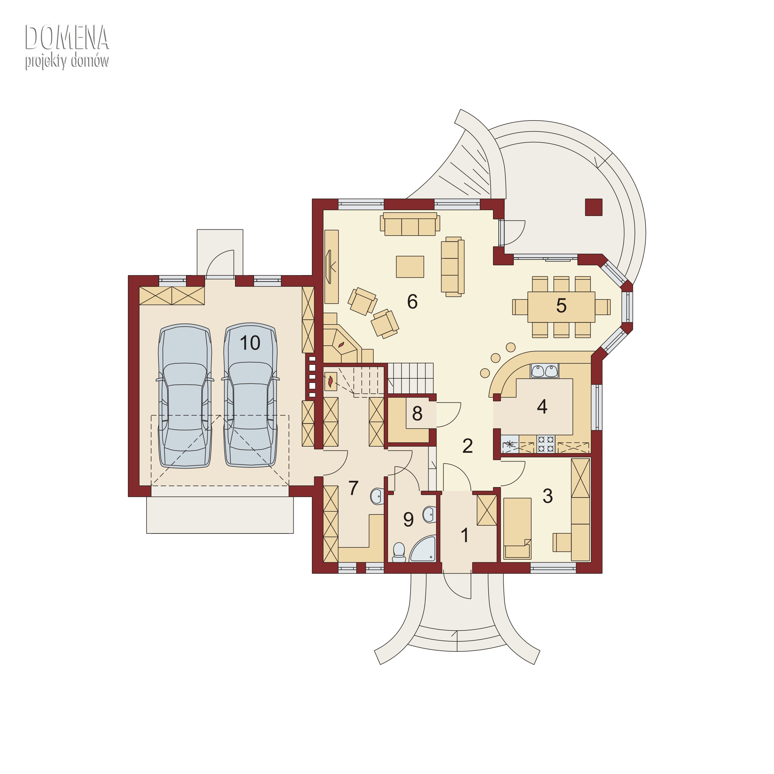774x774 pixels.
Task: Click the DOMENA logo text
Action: [67, 37]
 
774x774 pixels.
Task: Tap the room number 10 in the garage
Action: [250, 343]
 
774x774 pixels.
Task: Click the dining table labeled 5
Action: [561, 307]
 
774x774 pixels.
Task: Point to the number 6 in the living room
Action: [412, 301]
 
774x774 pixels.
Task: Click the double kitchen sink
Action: [544, 371]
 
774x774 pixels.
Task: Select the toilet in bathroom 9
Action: [399, 552]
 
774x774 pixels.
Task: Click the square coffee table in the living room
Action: [410, 267]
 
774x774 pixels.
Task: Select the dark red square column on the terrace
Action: [594, 207]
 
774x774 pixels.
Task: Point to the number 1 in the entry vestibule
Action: [465, 535]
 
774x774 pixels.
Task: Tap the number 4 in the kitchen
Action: [542, 407]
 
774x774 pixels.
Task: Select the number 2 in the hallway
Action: [467, 446]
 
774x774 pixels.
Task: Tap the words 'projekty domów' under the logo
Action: [67, 61]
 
